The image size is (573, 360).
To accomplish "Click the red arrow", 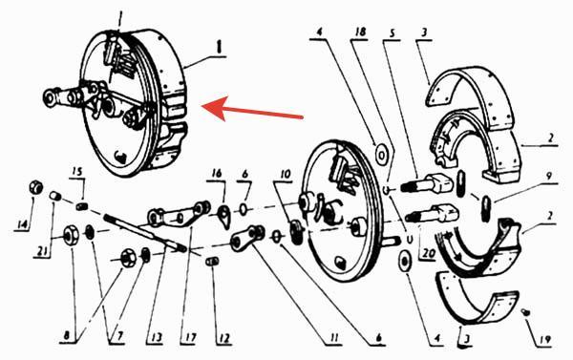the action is coord(252,109).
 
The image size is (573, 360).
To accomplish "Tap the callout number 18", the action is coord(360,32).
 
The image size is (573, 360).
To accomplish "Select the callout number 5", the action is coord(393,33).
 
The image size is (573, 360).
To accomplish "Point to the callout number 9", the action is coord(548,177).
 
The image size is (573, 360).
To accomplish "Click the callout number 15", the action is coord(77,172).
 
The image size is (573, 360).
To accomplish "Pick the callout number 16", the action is coord(217,173).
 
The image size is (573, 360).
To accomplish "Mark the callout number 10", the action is coord(285,175).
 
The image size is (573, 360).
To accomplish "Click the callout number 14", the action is coord(23,224).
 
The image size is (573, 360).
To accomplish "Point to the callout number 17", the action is coord(190,338).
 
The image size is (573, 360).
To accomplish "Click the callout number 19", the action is coord(544,340).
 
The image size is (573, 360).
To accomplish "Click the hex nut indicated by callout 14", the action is coord(36,187).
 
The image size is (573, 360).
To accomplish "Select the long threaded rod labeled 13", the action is coord(145,233).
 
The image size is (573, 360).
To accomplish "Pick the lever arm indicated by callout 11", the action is coord(247,239).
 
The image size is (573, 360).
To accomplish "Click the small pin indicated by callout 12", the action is coord(212,262).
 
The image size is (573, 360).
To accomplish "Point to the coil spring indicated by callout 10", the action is coord(296,232).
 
